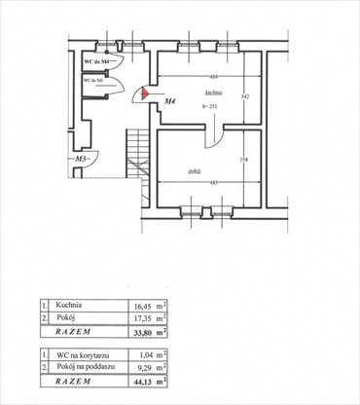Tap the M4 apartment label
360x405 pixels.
point(169,100)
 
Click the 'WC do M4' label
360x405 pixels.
point(99,62)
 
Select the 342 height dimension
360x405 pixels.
point(245,97)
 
